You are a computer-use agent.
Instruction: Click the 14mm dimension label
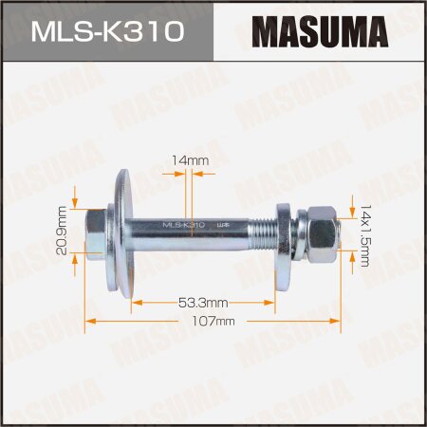pyautogui.click(x=191, y=162)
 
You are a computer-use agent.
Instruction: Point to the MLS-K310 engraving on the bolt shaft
pyautogui.click(x=184, y=226)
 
